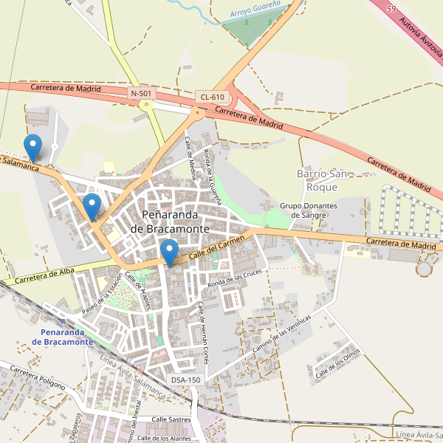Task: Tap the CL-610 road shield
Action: click(x=212, y=97)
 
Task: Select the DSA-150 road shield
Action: click(x=185, y=380)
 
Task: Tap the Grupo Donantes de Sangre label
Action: click(x=309, y=210)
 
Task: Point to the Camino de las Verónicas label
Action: click(x=281, y=330)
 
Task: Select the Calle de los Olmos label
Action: click(x=337, y=364)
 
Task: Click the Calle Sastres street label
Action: click(x=171, y=419)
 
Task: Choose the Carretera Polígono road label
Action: click(x=38, y=377)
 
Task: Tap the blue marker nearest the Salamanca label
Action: click(x=32, y=148)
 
